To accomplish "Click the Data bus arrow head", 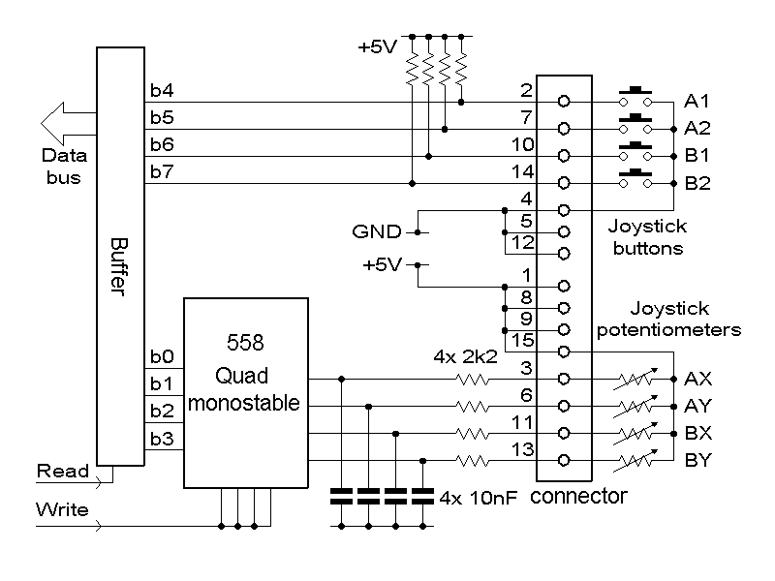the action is pyautogui.click(x=53, y=124).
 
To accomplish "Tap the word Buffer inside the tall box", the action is pyautogui.click(x=119, y=267).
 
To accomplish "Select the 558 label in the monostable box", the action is pyautogui.click(x=245, y=343).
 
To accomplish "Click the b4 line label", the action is pyautogui.click(x=162, y=90).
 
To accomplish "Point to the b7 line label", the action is pyautogui.click(x=162, y=171).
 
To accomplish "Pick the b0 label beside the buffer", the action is pyautogui.click(x=162, y=356).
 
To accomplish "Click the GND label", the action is pyautogui.click(x=377, y=231).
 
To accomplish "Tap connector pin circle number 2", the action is pyautogui.click(x=564, y=102).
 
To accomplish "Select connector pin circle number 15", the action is pyautogui.click(x=564, y=352).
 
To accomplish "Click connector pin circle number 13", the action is pyautogui.click(x=564, y=461).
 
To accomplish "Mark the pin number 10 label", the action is pyautogui.click(x=522, y=144).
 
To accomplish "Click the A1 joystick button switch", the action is pyautogui.click(x=635, y=97).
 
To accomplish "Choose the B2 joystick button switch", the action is pyautogui.click(x=635, y=178).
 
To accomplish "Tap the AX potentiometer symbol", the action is pyautogui.click(x=635, y=379).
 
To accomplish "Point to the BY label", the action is pyautogui.click(x=697, y=461).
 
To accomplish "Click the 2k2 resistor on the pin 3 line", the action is pyautogui.click(x=473, y=380).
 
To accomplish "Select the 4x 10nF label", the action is pyautogui.click(x=478, y=498).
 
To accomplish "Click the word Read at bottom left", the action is pyautogui.click(x=63, y=471).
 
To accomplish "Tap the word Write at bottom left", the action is pyautogui.click(x=62, y=509).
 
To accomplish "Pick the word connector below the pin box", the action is pyautogui.click(x=578, y=496).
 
